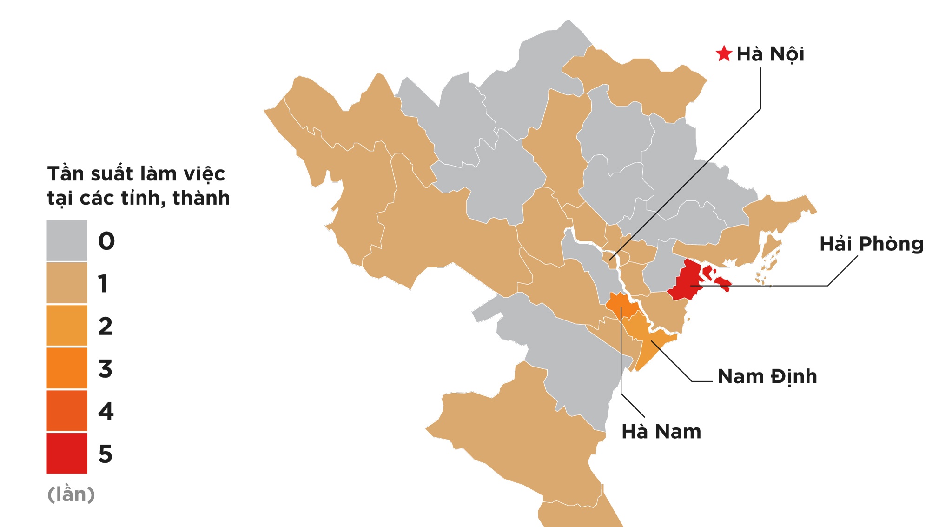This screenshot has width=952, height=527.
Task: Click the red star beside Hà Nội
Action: pos(724,54)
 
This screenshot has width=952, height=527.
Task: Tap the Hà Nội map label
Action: pos(770,54)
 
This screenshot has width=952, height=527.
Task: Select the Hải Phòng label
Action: pos(871,244)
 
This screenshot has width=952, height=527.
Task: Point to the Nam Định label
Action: pos(767,376)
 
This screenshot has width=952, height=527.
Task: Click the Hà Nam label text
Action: pos(661,432)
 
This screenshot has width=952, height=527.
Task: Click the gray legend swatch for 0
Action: pos(67,240)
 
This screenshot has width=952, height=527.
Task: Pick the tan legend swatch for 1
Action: pos(67,283)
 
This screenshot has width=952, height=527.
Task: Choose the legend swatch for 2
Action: pos(67,326)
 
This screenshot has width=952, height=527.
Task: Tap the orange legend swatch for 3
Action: pos(67,368)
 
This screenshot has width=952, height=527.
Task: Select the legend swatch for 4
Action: pos(67,411)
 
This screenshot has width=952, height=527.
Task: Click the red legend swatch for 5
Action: pos(67,453)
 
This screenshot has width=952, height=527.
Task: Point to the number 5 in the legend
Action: pos(106,454)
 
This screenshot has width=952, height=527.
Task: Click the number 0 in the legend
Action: pos(106,241)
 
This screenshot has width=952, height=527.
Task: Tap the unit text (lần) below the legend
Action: pos(71,494)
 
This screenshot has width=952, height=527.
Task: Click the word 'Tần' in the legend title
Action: pos(66,174)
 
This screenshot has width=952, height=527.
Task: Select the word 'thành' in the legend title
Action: pos(201,198)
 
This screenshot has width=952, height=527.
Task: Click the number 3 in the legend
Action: pos(106,369)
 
